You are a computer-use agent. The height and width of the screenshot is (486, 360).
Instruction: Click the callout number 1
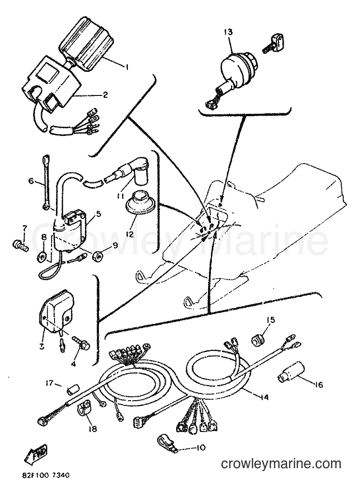click(127, 67)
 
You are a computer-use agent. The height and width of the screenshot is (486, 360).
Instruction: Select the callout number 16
click(318, 385)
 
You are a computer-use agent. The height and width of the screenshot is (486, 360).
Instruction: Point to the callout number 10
click(201, 448)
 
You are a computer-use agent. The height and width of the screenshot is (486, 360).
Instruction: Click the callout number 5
click(99, 214)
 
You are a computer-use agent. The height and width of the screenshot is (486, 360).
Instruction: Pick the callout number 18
click(92, 429)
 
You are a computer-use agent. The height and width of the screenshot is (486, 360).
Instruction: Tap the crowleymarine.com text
click(281, 464)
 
